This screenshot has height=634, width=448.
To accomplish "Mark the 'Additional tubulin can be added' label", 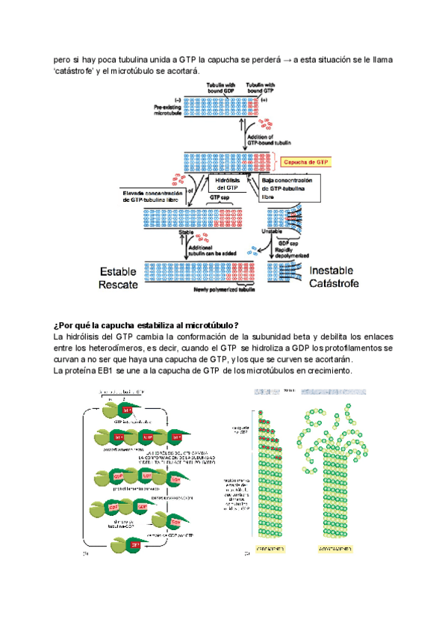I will point(217,250).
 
